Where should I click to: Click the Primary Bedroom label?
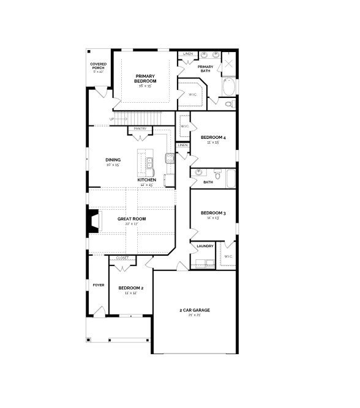click(x=146, y=78)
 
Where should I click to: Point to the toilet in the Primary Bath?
click(x=228, y=105)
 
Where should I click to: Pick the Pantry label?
click(x=140, y=128)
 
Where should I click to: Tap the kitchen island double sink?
click(x=149, y=163)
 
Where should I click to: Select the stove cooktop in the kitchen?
click(x=170, y=158)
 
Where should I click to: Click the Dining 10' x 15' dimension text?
click(x=113, y=165)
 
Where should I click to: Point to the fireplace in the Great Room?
click(x=93, y=221)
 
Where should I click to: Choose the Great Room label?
click(x=132, y=218)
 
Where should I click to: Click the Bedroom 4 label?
click(x=213, y=138)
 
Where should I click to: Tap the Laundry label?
click(x=205, y=246)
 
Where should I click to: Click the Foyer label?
click(x=98, y=285)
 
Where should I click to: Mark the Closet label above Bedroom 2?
click(x=122, y=258)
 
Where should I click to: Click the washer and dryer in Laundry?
click(x=203, y=264)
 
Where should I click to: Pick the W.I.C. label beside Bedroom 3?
click(x=227, y=256)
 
